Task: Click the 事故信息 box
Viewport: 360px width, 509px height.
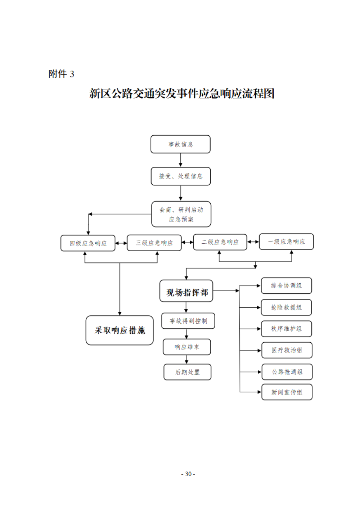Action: coord(180,144)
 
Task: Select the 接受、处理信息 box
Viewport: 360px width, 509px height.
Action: coord(181,176)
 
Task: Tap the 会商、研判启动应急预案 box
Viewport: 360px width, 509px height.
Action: coord(181,214)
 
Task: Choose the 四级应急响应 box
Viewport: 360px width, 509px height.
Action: coord(88,243)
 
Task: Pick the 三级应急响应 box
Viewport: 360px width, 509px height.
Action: coord(154,243)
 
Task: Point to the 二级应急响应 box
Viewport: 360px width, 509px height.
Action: coord(220,242)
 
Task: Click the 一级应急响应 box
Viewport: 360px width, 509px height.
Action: coord(286,242)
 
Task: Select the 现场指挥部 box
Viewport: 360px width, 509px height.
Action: coord(186,291)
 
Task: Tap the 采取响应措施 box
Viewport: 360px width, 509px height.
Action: coord(120,330)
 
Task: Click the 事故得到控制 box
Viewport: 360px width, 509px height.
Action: coord(188,321)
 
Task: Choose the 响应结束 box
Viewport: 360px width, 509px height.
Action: coord(186,347)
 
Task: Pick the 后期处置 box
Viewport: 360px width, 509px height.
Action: coord(187,372)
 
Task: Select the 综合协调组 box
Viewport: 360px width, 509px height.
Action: coord(286,286)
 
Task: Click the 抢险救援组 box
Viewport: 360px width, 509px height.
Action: coord(286,307)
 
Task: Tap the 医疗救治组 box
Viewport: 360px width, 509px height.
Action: coord(287,350)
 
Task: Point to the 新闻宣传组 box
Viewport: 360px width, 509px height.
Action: coord(287,392)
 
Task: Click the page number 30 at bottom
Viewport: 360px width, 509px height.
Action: coord(188,474)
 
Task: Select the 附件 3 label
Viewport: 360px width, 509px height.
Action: coord(61,74)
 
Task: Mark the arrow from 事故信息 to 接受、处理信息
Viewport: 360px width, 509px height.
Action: coord(180,160)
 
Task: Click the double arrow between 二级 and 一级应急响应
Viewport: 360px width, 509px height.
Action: coord(253,242)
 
